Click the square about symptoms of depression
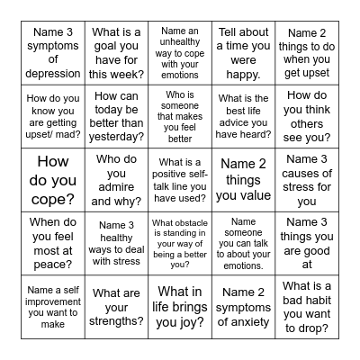click(53, 54)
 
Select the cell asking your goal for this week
click(118, 54)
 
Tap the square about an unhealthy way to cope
click(179, 54)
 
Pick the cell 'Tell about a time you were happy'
click(242, 54)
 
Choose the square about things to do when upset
click(306, 54)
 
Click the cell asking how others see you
click(306, 116)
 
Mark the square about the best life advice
click(242, 116)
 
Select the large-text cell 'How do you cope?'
click(53, 179)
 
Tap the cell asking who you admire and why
click(118, 179)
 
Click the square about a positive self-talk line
click(179, 179)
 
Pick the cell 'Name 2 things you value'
click(242, 179)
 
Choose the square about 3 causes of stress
click(306, 179)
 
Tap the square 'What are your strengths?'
click(118, 305)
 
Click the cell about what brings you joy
click(179, 305)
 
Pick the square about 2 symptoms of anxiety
click(242, 305)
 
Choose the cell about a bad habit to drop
click(306, 305)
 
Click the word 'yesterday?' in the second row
click(118, 137)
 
